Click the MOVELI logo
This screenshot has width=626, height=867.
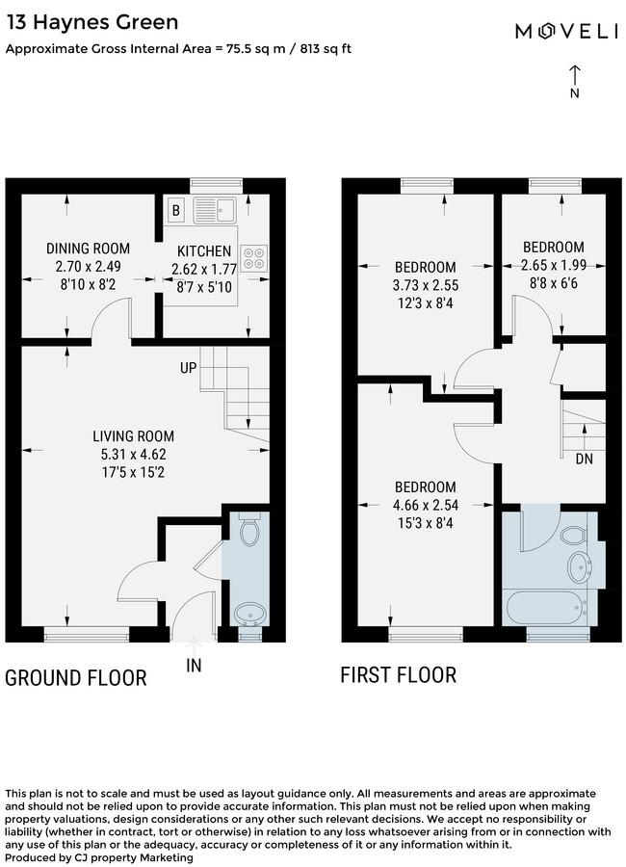tap(567, 31)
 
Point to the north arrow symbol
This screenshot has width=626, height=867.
tap(575, 82)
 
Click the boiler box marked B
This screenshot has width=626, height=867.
tap(176, 210)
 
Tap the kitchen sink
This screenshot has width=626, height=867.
tap(215, 210)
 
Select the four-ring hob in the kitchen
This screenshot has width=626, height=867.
tap(254, 258)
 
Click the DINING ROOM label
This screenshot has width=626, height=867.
tap(88, 249)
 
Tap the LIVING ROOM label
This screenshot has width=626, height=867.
tap(133, 436)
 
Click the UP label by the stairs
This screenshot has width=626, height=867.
tap(188, 368)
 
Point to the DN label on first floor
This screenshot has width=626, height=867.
tap(584, 459)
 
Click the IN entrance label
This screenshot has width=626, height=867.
tap(194, 666)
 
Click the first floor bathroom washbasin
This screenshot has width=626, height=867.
tap(580, 566)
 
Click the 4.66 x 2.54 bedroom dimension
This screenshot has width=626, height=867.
tap(426, 505)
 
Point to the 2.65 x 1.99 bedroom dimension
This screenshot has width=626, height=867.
tap(554, 266)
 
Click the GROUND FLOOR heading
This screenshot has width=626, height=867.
tap(76, 678)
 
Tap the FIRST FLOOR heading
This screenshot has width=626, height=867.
tap(399, 675)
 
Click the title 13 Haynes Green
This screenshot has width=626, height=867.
tap(92, 22)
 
